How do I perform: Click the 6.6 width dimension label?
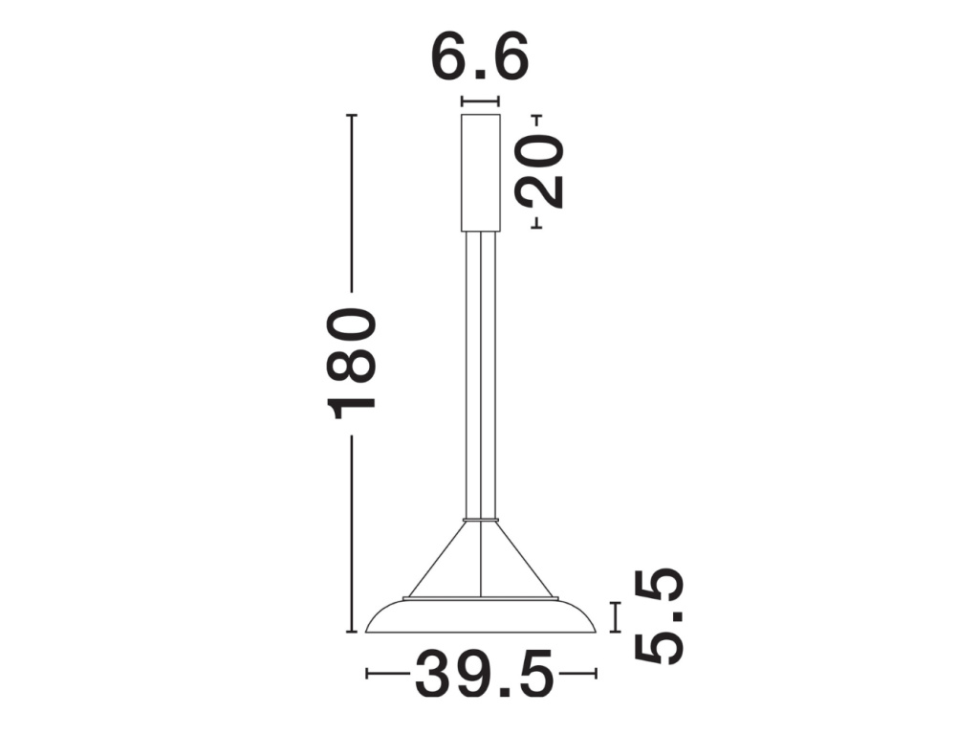click(480, 56)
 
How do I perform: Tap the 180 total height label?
click(352, 364)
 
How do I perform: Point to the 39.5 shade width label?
click(484, 674)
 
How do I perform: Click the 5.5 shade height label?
click(660, 616)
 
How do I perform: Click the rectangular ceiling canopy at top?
click(481, 173)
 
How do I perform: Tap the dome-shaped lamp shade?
click(481, 617)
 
